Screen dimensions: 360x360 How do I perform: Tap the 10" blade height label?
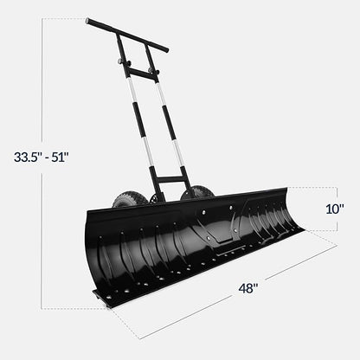click(x=335, y=209)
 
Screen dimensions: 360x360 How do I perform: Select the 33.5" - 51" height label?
click(x=41, y=157)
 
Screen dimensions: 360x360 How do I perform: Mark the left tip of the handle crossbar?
click(x=88, y=21)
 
